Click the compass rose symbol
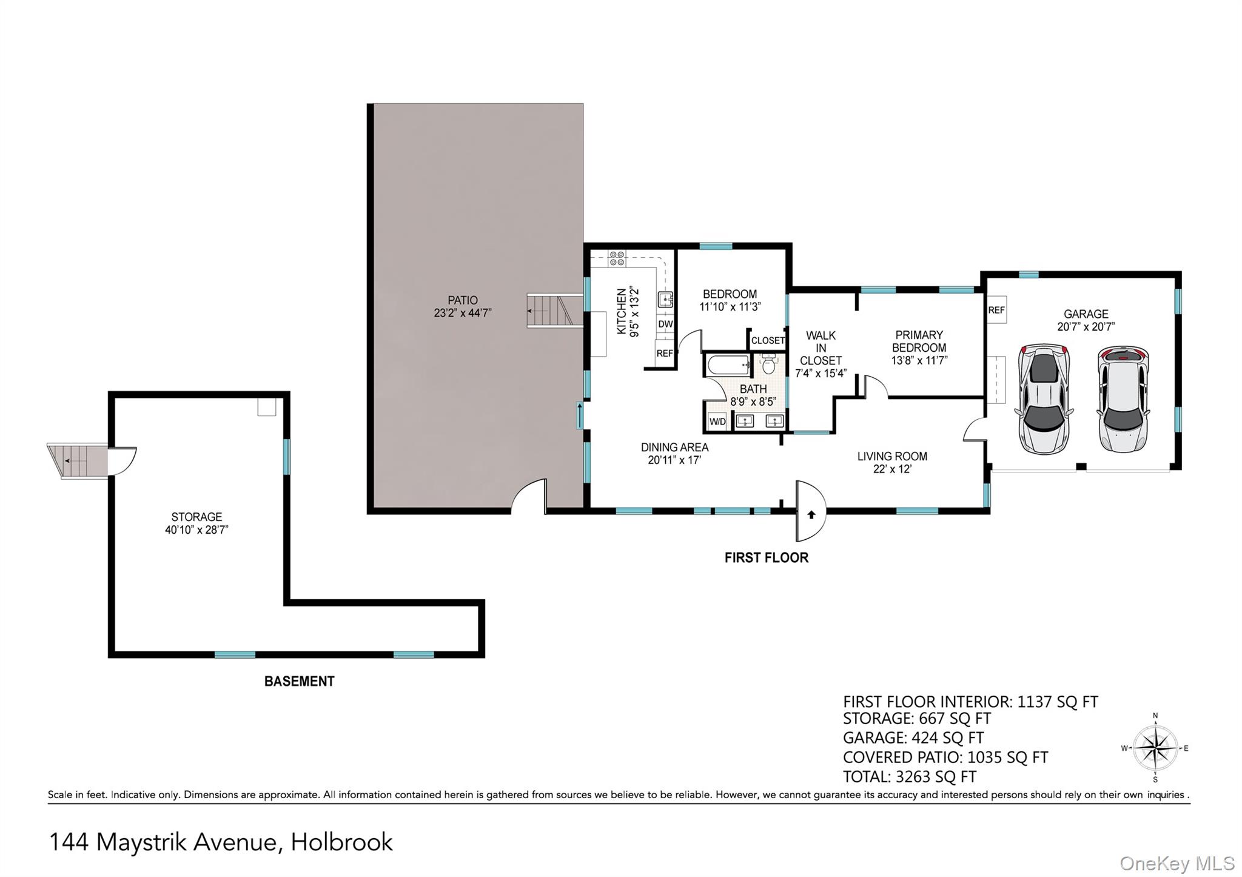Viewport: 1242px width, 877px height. click(1155, 748)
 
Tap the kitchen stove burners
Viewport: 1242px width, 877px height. click(617, 259)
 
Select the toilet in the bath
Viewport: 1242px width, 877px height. click(768, 364)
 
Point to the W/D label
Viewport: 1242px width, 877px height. click(717, 422)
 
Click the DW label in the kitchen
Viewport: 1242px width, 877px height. click(665, 324)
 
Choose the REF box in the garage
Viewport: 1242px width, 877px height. click(996, 310)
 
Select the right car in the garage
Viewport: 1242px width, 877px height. click(1123, 399)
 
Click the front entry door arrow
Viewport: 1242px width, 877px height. click(811, 515)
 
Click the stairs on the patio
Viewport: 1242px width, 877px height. click(550, 311)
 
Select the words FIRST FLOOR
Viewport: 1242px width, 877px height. click(767, 558)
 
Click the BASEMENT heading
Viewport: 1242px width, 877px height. click(300, 682)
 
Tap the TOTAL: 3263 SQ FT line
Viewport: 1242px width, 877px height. click(910, 777)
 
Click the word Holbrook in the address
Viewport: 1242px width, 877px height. click(342, 842)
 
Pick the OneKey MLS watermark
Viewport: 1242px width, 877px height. click(1177, 864)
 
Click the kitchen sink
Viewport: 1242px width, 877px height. click(665, 300)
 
